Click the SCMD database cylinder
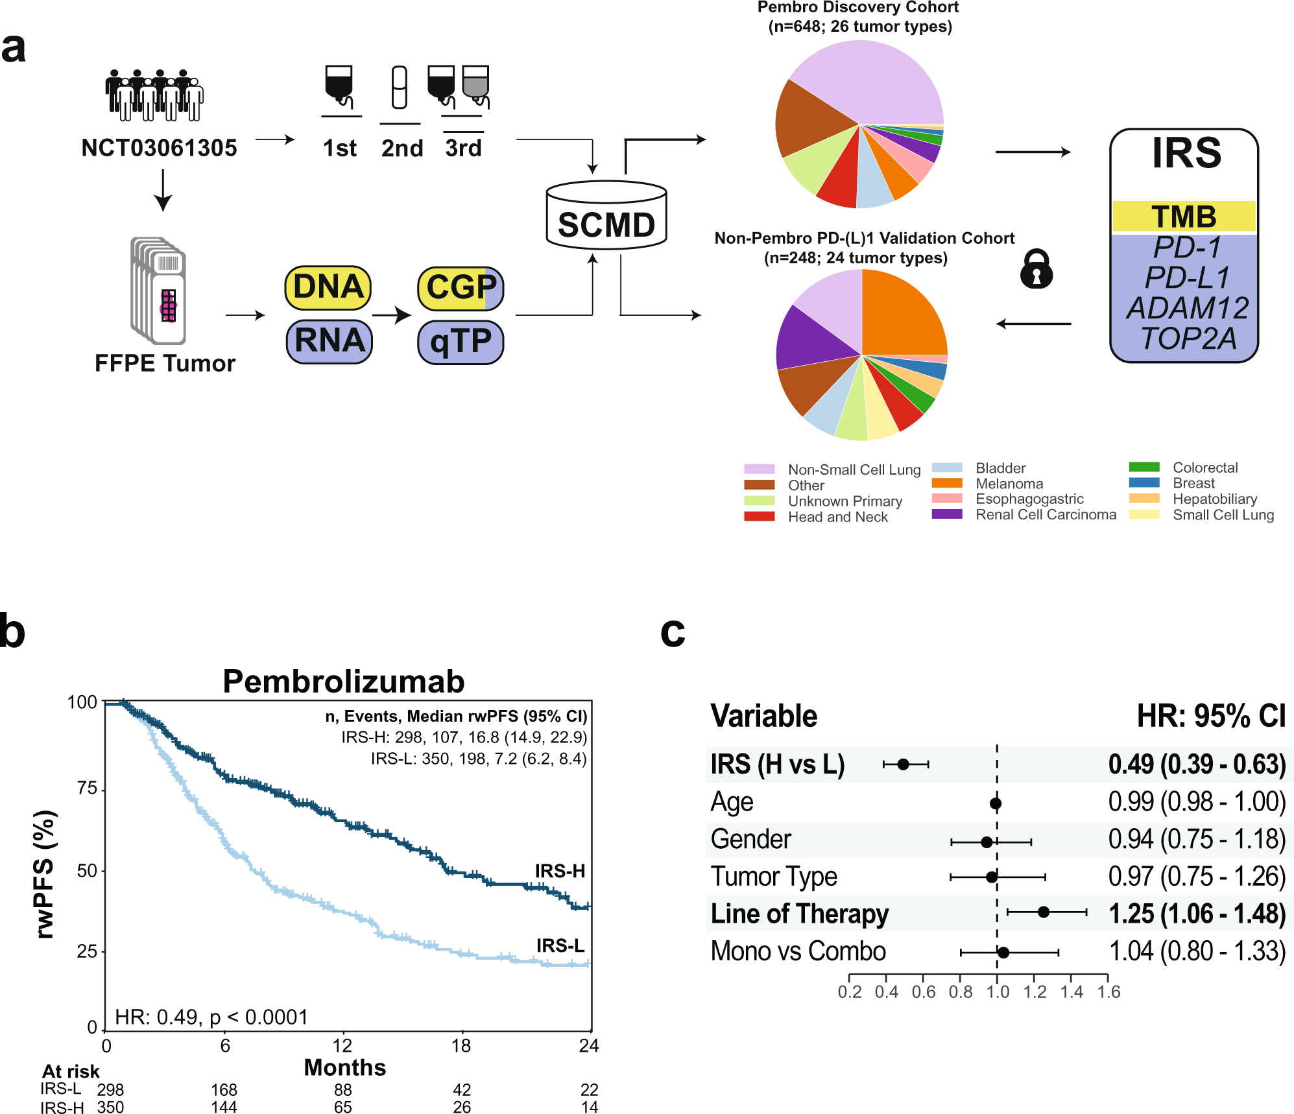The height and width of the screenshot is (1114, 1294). coord(606,217)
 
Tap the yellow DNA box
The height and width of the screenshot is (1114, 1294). coord(328,287)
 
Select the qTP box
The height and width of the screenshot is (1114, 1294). coord(461,342)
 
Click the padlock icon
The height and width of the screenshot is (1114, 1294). coord(1036,270)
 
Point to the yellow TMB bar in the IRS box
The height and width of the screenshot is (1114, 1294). coord(1184,217)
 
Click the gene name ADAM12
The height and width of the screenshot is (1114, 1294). coord(1187,308)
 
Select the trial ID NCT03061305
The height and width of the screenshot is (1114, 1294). coord(159,148)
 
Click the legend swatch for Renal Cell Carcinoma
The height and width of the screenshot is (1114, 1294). coord(946,514)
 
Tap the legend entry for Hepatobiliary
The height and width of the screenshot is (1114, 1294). coord(1214,499)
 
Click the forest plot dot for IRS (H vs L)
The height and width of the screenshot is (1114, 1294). coord(903,764)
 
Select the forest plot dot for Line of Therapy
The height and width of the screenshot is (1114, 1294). coord(1043,912)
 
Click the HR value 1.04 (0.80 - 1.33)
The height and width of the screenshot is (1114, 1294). coord(1197,951)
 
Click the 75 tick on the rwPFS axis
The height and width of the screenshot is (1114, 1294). coord(87,788)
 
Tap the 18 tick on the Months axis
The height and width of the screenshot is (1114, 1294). coord(461,1046)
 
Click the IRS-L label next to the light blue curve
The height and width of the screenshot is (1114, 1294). coord(560,945)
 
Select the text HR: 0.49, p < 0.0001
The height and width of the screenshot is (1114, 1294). coord(211,1017)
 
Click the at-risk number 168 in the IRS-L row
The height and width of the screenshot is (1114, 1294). coord(224,1090)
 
